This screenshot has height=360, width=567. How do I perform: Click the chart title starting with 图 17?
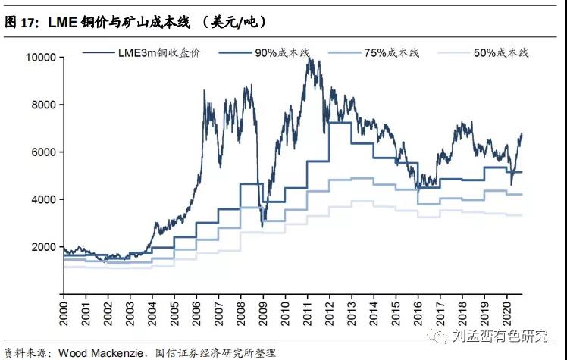(136, 22)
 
